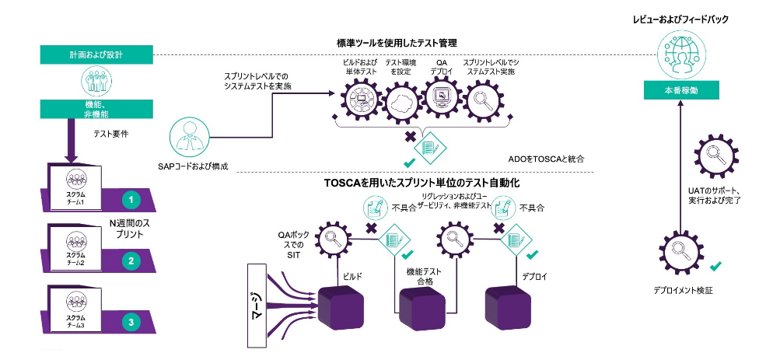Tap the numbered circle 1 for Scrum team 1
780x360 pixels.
tap(132, 200)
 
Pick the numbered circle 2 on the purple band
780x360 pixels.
tap(132, 260)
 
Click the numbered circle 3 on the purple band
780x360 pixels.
tap(132, 320)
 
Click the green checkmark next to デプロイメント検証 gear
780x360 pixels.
tap(716, 267)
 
